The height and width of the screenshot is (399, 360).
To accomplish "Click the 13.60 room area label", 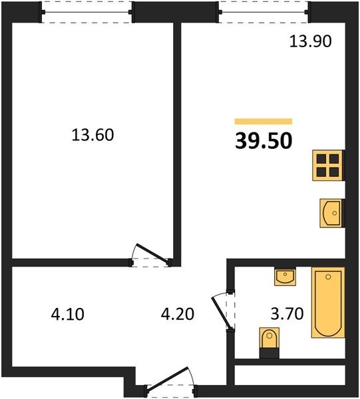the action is click(92, 135).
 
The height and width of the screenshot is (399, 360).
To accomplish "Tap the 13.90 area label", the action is click(310, 41).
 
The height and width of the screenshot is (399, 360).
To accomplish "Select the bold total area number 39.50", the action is click(264, 141).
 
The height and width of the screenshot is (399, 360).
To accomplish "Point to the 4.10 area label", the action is click(67, 314).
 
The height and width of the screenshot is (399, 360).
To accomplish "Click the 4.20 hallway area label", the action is click(178, 314).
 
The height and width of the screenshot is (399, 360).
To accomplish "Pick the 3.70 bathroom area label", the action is click(287, 313).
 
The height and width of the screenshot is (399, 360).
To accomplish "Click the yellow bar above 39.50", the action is click(264, 122).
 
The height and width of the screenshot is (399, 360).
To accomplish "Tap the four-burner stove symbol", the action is click(328, 166).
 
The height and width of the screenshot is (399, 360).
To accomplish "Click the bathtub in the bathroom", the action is click(328, 303).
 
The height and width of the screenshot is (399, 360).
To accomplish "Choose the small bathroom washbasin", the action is click(285, 277).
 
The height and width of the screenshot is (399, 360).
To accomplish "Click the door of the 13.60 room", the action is click(153, 253).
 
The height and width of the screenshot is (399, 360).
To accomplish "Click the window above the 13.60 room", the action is click(87, 12).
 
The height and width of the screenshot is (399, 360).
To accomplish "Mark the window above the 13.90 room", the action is click(264, 12).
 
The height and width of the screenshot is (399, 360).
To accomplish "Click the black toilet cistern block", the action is click(269, 353).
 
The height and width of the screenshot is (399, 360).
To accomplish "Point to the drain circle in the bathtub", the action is click(328, 277).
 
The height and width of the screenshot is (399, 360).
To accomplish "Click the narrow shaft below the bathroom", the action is click(289, 376).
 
